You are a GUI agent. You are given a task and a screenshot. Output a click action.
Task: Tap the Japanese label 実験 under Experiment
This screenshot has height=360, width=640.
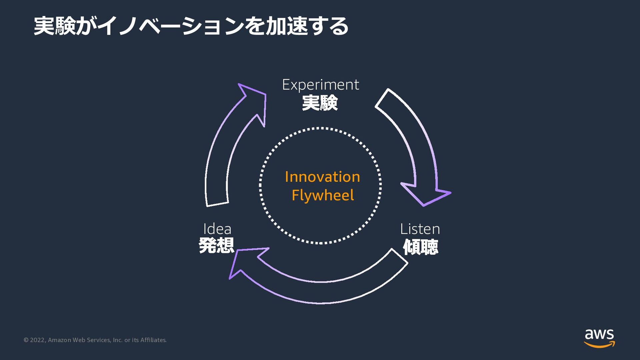tap(320, 103)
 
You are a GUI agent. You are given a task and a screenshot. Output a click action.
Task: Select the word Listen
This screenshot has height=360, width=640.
tap(420, 229)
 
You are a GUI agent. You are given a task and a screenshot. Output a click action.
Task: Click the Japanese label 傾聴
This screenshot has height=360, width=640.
tap(420, 247)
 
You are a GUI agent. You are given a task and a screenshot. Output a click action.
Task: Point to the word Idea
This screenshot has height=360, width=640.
tap(217, 229)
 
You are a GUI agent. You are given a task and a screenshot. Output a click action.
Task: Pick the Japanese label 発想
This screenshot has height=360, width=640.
tap(216, 246)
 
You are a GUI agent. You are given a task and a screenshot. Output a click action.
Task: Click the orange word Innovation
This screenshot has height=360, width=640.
tap(322, 177)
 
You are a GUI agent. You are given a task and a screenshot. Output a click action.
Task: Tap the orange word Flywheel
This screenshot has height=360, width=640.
tap(323, 195)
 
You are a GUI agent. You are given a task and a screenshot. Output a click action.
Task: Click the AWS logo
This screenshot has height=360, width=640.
tap(599, 338)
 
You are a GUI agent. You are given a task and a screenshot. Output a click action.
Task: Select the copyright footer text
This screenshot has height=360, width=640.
tap(95, 340)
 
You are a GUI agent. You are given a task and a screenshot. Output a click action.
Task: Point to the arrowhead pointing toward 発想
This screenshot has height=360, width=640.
tap(245, 262)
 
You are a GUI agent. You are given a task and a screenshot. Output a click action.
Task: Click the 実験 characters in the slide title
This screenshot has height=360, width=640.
tap(55, 26)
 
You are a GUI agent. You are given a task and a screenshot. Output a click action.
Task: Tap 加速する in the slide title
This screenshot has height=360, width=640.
tap(307, 26)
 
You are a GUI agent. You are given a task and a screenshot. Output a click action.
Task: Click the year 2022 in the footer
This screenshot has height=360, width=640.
tap(37, 340)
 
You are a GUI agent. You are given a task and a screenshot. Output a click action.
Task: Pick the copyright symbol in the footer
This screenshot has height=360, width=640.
tap(26, 340)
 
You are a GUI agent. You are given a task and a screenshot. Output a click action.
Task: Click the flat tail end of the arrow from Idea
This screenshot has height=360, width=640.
tap(217, 204)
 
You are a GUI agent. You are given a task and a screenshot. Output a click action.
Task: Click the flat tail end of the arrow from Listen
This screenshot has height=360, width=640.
tap(400, 256)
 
